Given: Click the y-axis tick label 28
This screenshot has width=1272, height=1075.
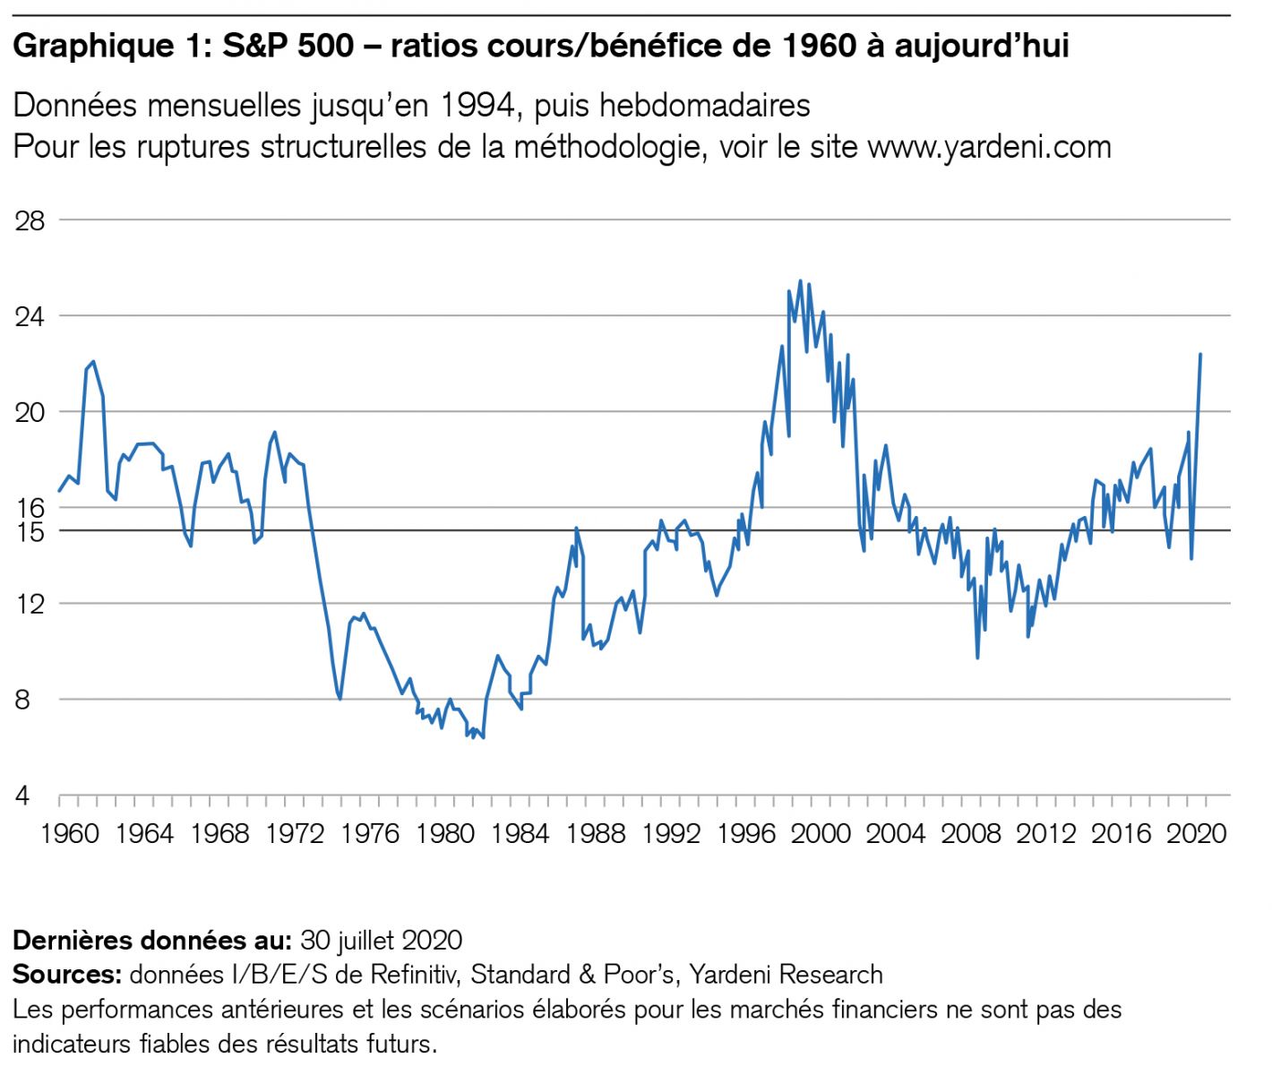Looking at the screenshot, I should tap(30, 220).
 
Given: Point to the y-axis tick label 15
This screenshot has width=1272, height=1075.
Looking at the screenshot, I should tap(30, 532).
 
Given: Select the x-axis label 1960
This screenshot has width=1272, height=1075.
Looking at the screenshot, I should tap(70, 834).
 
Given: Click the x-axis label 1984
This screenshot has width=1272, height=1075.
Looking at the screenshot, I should tap(520, 834).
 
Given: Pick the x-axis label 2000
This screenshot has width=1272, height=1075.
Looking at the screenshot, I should tap(821, 834).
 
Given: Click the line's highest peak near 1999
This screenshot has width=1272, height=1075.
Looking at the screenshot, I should tap(800, 281).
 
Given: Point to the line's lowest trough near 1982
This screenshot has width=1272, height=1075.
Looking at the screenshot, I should tap(484, 737).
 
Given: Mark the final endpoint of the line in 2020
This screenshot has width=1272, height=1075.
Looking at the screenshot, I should tap(1200, 355).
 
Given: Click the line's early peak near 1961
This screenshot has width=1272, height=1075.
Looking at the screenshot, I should tap(94, 362).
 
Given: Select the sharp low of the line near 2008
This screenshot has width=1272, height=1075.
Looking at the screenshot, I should tap(977, 658).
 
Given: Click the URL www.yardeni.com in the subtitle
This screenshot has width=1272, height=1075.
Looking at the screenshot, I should tap(989, 146).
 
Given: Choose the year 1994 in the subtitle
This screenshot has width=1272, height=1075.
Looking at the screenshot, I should tap(477, 106).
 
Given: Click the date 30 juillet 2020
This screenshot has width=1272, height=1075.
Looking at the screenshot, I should tap(382, 940).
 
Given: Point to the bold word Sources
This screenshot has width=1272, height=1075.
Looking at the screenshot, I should tap(66, 974).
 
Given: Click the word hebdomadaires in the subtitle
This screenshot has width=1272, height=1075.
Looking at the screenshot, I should tap(704, 106).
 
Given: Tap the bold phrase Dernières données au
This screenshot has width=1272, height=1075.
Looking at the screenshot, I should tap(151, 940).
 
